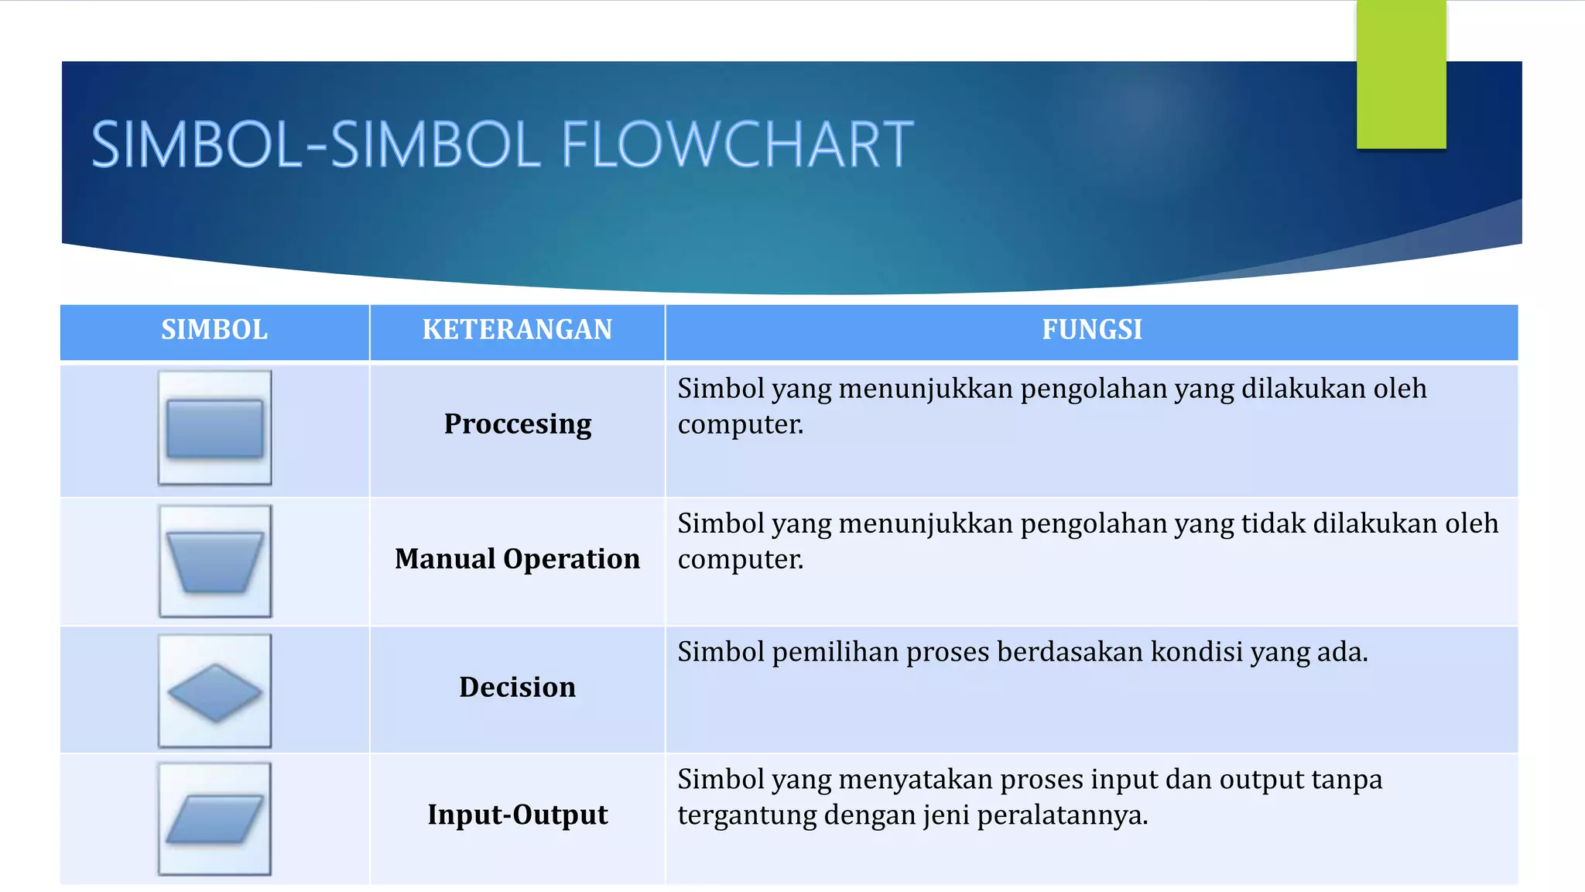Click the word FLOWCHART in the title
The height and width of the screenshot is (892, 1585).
point(737,145)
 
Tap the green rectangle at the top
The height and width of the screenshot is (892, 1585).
point(1401,75)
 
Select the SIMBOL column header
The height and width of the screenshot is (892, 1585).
point(214,330)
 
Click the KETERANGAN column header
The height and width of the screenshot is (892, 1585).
point(517,330)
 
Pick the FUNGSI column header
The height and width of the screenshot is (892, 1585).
point(1091,330)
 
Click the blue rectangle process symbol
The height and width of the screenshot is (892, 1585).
point(214,428)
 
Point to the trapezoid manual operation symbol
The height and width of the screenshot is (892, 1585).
point(214,562)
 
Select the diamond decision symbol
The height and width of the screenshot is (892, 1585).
point(214,692)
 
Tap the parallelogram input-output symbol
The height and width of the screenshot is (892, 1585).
point(214,819)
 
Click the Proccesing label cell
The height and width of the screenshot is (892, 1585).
point(517,424)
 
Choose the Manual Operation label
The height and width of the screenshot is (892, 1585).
point(517,559)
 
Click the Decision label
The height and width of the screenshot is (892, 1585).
point(517,688)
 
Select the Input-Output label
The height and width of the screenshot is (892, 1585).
point(517,815)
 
